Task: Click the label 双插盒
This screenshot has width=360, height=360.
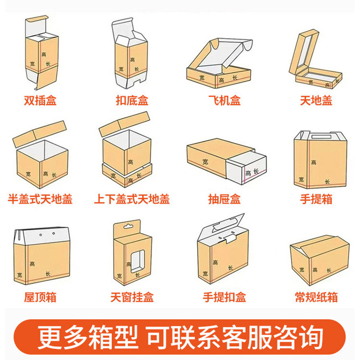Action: tap(40, 100)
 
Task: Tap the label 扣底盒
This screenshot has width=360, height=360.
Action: tap(132, 100)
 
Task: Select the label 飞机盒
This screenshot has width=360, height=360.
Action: tap(224, 100)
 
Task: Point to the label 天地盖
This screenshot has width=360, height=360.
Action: tap(316, 100)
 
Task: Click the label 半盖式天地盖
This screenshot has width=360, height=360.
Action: tap(40, 198)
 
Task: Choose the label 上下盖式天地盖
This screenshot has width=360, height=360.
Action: tap(132, 198)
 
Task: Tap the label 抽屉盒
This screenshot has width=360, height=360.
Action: tap(224, 198)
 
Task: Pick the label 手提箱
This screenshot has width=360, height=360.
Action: tap(316, 198)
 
